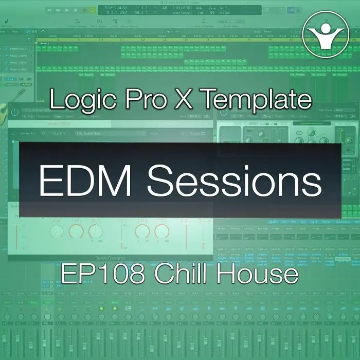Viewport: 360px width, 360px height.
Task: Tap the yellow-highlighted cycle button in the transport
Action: tap(93, 10)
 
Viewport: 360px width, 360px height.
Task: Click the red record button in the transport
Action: tap(84, 10)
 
